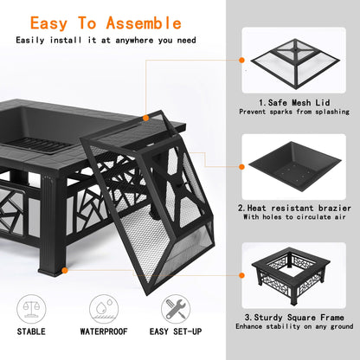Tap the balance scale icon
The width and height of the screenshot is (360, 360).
33,309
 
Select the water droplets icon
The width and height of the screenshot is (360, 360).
104,309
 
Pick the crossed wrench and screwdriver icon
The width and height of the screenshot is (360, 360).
176,309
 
